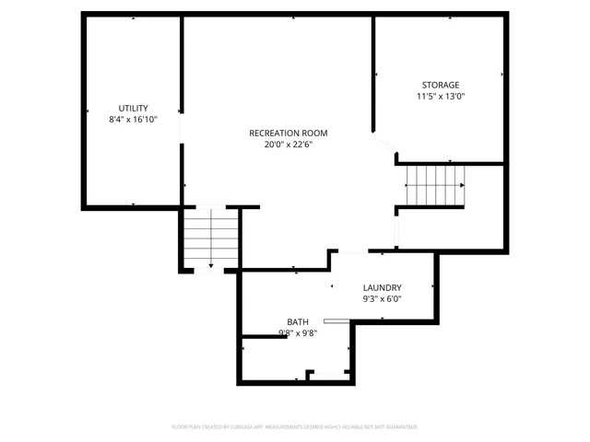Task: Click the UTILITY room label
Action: pos(133,108)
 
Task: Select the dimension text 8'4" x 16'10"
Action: pos(133,120)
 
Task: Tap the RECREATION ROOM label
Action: pos(288,133)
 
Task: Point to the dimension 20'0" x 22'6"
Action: pos(288,145)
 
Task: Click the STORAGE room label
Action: pos(440,85)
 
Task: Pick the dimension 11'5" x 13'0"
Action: pos(440,97)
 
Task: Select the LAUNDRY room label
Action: pos(382,287)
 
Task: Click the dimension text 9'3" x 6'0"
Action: pos(382,299)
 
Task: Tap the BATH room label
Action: pos(297,322)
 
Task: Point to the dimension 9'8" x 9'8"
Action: pos(297,334)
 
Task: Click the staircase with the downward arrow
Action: pos(211,238)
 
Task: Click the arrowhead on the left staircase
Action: pos(211,265)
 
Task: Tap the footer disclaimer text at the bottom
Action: pos(295,427)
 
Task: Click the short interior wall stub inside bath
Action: pos(264,338)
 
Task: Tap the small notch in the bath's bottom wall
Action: pos(324,375)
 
